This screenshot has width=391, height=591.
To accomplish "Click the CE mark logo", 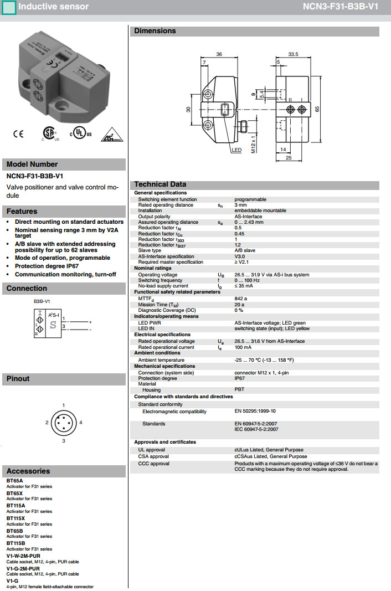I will click(18, 133).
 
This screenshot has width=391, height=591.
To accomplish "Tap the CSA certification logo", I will click(50, 134).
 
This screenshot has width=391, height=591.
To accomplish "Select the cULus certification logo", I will click(80, 135).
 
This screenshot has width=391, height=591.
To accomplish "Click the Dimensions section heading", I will click(155, 31).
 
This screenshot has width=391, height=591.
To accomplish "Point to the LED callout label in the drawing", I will click(236, 150).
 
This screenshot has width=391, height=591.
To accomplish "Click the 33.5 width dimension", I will click(293, 54).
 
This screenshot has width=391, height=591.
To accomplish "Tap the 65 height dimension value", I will click(317, 109).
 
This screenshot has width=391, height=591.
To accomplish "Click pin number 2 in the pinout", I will click(47, 423).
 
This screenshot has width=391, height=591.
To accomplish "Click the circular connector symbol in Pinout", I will click(64, 423).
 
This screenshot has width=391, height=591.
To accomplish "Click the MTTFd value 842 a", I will click(240, 299).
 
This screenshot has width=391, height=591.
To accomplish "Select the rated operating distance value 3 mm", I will click(241, 205).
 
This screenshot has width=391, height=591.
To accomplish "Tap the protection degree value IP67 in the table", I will click(240, 378).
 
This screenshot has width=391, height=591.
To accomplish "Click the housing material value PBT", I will click(239, 390).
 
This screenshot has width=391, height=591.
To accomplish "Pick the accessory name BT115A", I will click(16, 506).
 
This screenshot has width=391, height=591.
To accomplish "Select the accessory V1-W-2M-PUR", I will click(23, 556).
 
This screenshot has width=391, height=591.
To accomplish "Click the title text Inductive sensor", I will click(53, 7).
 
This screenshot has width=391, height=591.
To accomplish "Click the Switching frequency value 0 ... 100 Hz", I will click(247, 280).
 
